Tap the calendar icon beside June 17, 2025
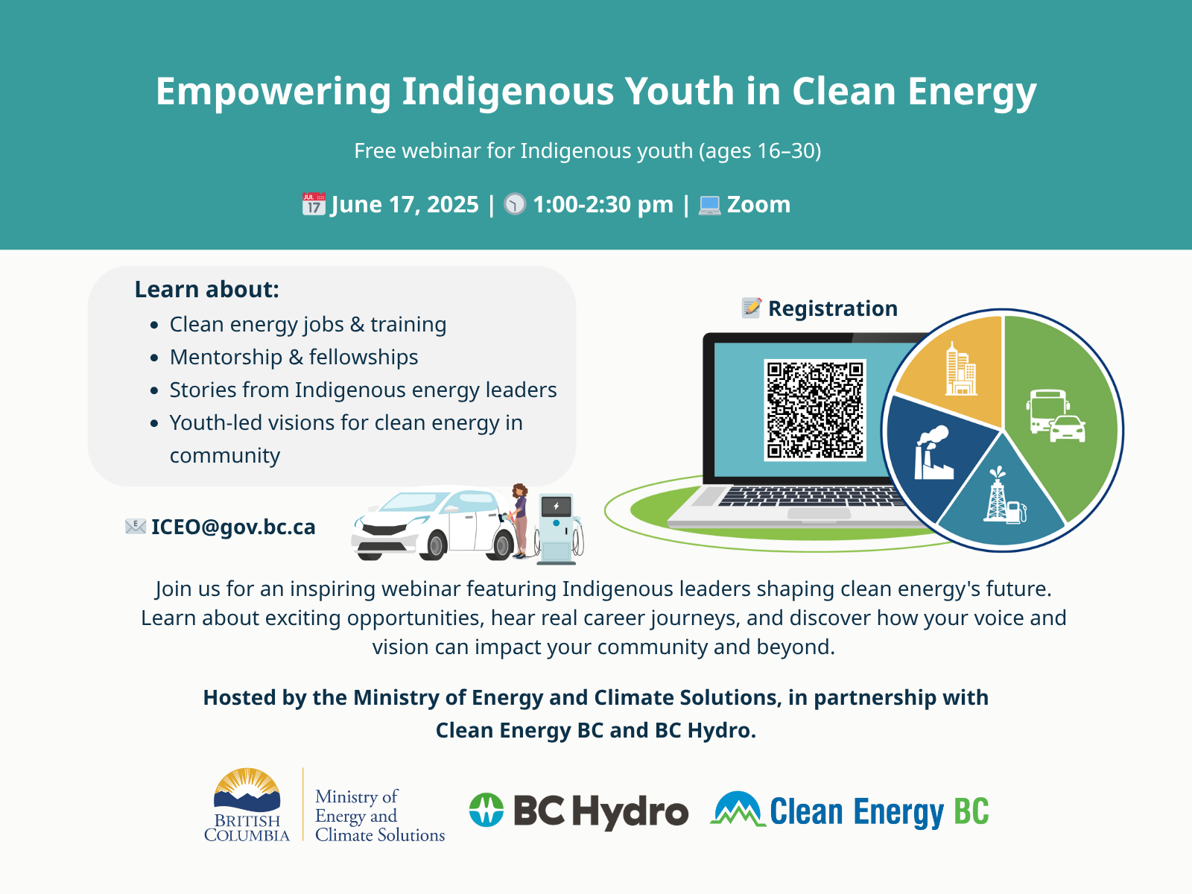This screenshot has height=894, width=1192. pyautogui.click(x=314, y=204)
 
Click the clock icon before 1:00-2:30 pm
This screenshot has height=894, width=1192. pyautogui.click(x=515, y=204)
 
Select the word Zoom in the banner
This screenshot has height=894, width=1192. pyautogui.click(x=758, y=205)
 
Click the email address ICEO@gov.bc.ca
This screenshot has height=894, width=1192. pyautogui.click(x=233, y=527)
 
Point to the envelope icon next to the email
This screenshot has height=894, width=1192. pyautogui.click(x=136, y=527)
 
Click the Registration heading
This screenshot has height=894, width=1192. pyautogui.click(x=832, y=308)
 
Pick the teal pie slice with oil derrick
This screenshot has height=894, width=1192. pyautogui.click(x=1002, y=499)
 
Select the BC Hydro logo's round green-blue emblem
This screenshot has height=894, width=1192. pyautogui.click(x=486, y=810)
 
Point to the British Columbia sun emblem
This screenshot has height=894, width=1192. pyautogui.click(x=247, y=790)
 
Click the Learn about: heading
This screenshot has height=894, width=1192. pyautogui.click(x=207, y=289)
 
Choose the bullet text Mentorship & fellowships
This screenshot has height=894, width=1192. pyautogui.click(x=294, y=357)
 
